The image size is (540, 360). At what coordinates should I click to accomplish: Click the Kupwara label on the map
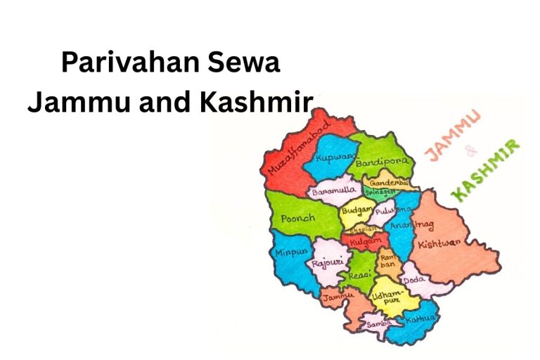pyautogui.click(x=333, y=159)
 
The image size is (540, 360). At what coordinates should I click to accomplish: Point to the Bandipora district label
pyautogui.click(x=382, y=162)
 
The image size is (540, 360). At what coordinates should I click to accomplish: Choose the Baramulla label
pyautogui.click(x=335, y=190)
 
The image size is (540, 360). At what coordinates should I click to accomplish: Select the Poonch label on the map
pyautogui.click(x=298, y=219)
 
